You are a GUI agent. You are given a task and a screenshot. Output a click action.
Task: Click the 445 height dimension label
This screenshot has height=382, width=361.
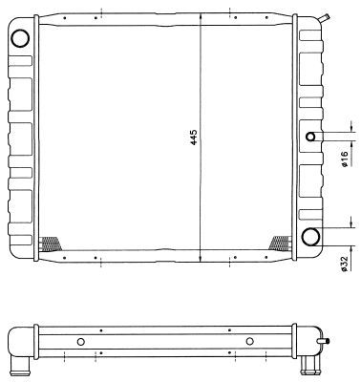194,138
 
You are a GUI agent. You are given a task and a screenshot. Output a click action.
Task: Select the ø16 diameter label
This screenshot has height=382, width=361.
344,159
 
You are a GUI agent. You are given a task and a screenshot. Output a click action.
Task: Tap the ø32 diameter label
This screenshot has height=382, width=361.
344,264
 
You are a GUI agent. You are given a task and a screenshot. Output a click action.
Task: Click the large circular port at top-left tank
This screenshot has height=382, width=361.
20,38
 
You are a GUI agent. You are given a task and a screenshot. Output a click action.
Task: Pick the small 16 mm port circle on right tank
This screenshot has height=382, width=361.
310,137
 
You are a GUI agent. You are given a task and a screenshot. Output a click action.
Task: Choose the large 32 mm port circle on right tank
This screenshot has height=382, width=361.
310,237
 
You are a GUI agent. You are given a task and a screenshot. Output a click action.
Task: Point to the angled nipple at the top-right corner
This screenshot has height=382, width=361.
325,18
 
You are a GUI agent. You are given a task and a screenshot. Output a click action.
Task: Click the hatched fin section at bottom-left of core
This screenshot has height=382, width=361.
50,244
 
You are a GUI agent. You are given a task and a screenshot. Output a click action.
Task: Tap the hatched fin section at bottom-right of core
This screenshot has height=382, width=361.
280,243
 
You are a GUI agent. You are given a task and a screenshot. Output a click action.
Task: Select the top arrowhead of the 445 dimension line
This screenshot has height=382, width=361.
201,16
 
